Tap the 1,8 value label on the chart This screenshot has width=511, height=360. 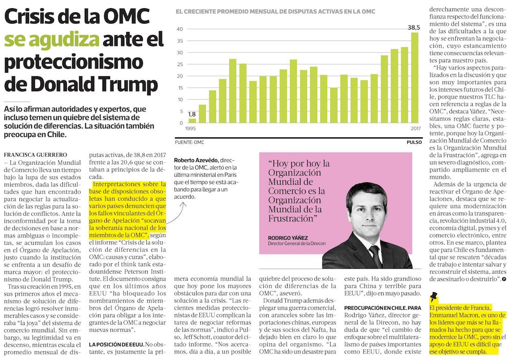click(192, 114)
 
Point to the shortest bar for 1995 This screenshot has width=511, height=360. click(192, 121)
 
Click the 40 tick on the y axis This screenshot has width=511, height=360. click(180, 29)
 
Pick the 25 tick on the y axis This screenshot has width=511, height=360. click(180, 64)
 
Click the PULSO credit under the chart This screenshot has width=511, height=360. click(414, 142)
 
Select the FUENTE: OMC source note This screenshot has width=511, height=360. click(190, 142)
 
